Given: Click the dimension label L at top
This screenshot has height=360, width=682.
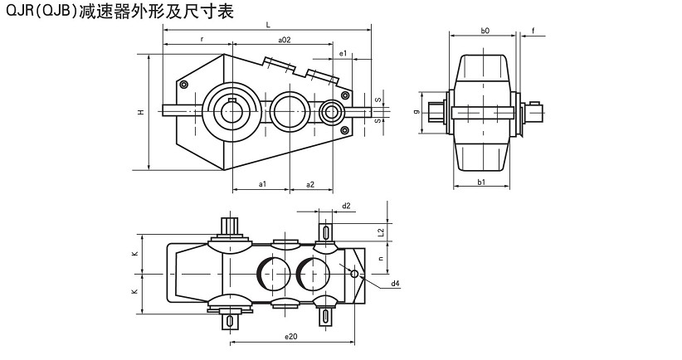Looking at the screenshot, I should pyautogui.click(x=267, y=26).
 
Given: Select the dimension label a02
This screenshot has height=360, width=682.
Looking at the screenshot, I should pyautogui.click(x=284, y=39).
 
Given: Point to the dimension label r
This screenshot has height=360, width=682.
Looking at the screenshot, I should pyautogui.click(x=202, y=39).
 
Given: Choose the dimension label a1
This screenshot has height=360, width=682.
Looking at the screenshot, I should pyautogui.click(x=261, y=183).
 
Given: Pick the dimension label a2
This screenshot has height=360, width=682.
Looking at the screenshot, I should pyautogui.click(x=309, y=183).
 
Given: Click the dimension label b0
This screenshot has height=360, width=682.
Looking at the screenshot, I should pyautogui.click(x=485, y=30).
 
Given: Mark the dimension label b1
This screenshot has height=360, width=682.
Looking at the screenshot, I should pyautogui.click(x=481, y=182).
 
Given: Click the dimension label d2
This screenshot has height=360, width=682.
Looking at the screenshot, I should pyautogui.click(x=346, y=205).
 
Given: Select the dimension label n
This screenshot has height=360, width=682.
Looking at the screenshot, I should pyautogui.click(x=380, y=259).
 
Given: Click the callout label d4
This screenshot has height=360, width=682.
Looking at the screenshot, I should pyautogui.click(x=396, y=284).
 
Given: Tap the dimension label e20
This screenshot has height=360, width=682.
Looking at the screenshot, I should pyautogui.click(x=290, y=336).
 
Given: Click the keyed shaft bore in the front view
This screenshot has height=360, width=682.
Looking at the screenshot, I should pyautogui.click(x=231, y=109).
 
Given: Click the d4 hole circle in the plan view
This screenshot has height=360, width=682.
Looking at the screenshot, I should pyautogui.click(x=354, y=275).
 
